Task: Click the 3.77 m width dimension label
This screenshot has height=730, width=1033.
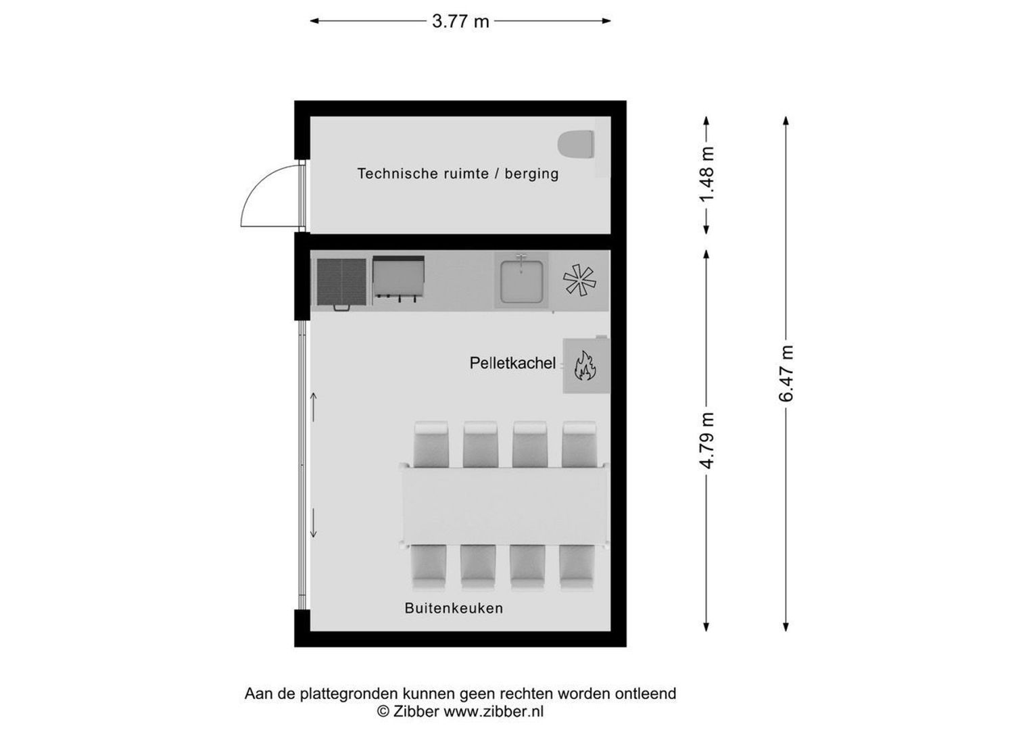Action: tap(460, 21)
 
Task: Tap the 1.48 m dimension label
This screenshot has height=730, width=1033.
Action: tap(706, 174)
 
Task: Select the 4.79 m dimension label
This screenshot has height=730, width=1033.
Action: tap(706, 440)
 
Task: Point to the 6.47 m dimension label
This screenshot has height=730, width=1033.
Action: tap(786, 374)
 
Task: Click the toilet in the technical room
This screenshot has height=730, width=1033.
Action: tap(576, 144)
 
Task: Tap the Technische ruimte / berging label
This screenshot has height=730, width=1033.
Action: tap(458, 174)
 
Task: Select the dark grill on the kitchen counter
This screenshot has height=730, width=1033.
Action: tap(341, 282)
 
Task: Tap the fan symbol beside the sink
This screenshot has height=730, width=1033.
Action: tap(580, 280)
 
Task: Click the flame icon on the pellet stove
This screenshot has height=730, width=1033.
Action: tap(585, 366)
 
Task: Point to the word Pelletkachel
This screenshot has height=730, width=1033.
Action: tap(512, 363)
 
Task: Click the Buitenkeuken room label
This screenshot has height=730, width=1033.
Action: tap(454, 608)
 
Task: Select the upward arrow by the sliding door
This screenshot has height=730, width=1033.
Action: tap(314, 406)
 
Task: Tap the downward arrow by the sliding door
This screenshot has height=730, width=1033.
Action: tap(314, 524)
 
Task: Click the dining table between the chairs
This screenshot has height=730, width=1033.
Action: tap(504, 506)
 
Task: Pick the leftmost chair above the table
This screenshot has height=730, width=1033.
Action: tap(431, 444)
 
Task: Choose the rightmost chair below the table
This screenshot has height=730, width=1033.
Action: tap(577, 566)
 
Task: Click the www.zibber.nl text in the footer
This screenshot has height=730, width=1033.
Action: tap(493, 711)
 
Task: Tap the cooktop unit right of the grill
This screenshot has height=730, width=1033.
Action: tap(399, 277)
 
